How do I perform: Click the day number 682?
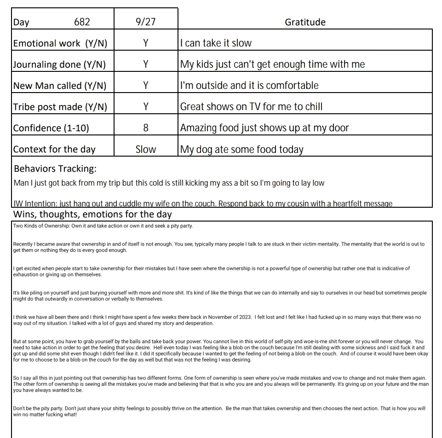coord(82,22)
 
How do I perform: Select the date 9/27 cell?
coord(145,22)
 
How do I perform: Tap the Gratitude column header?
coord(305,22)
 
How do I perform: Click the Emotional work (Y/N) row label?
coord(60,43)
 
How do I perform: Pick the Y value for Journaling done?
coord(145,64)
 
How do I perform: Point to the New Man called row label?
coord(60,86)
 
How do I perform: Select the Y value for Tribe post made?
coord(145,107)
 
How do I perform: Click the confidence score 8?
coord(145,128)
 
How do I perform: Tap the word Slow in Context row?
coord(145,149)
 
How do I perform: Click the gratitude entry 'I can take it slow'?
coord(216,43)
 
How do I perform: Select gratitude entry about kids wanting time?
coord(272,64)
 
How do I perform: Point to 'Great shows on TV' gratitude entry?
coord(251,107)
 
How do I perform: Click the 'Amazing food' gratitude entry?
coord(264,128)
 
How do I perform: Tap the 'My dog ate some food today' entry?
coord(241,149)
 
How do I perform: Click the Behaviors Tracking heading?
coord(55,169)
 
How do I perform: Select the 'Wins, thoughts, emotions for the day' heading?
coord(92,214)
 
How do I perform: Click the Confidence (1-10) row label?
coord(51,128)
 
